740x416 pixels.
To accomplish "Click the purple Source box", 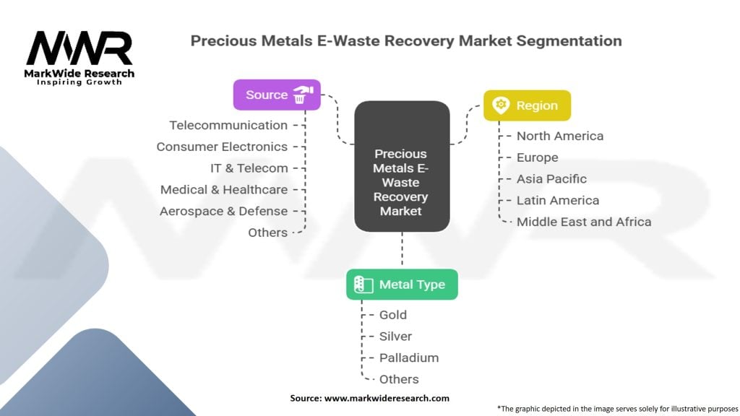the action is [x=277, y=95].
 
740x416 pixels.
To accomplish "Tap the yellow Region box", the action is [x=527, y=105].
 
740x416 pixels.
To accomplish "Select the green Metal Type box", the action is [x=402, y=285].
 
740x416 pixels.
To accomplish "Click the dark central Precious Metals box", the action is [x=402, y=166].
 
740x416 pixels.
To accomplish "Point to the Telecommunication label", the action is [x=228, y=126].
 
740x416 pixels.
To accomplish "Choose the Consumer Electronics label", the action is [x=222, y=147].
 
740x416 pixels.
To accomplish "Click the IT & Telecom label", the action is [x=249, y=168].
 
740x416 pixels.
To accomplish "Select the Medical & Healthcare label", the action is [x=224, y=190].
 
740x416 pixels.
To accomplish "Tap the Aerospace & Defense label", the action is [x=223, y=212].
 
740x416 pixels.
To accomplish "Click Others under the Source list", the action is [x=267, y=233].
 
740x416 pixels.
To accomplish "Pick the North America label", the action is [x=560, y=136].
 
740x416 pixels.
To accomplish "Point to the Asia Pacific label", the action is [x=551, y=179].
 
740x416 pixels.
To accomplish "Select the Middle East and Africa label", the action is [x=584, y=222].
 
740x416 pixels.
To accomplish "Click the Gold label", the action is [x=393, y=315].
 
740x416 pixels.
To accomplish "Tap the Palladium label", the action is [x=409, y=358].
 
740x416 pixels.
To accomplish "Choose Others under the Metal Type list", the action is [x=399, y=379].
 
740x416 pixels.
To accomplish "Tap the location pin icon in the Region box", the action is [x=501, y=105].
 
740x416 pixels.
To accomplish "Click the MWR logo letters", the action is [x=79, y=48].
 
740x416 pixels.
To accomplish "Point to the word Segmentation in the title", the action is [x=569, y=41].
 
